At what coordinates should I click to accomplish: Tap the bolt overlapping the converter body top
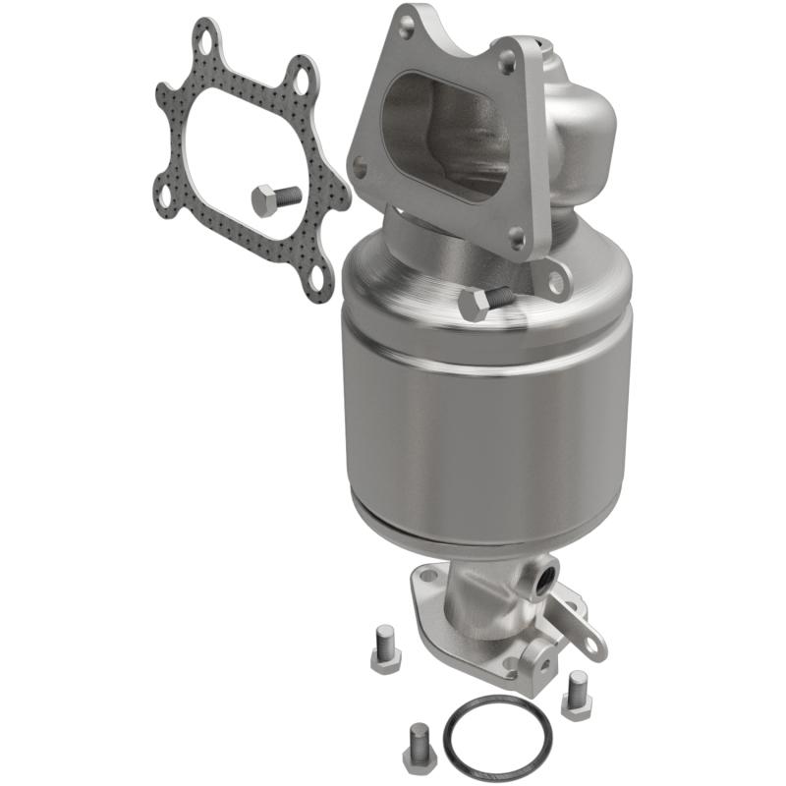pyautogui.click(x=482, y=302)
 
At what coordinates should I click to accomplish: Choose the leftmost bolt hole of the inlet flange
pyautogui.click(x=361, y=168)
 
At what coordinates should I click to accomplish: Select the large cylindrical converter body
pyautogui.click(x=481, y=422)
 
